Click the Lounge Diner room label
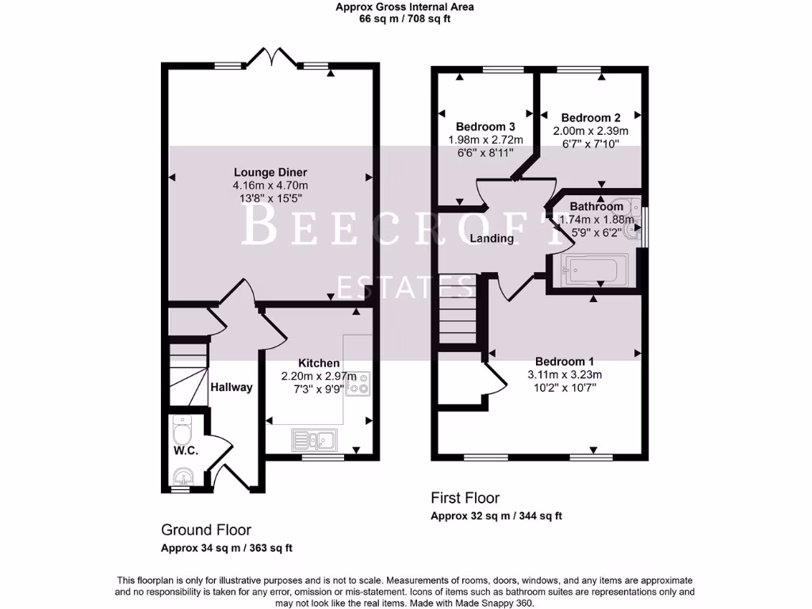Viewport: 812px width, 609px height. (270, 172)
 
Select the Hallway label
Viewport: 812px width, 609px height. (232, 387)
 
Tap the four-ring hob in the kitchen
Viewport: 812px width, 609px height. (358, 383)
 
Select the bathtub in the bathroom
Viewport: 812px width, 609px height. (594, 270)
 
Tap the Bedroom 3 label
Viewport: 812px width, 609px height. (485, 126)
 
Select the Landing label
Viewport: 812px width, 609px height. (492, 238)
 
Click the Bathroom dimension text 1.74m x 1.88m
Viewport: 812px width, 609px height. (596, 220)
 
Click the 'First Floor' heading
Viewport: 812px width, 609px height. (465, 498)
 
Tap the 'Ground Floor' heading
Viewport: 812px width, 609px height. (205, 530)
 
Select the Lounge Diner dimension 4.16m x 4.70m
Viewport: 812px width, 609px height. (270, 185)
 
